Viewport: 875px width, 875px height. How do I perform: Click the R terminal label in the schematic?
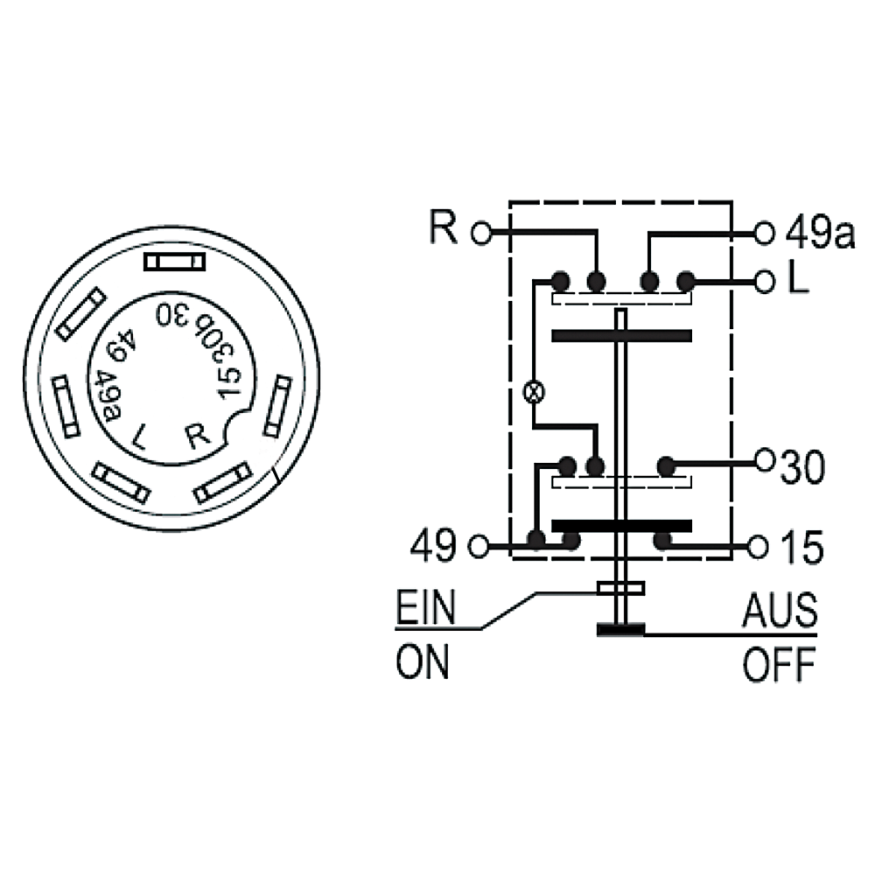point(444,227)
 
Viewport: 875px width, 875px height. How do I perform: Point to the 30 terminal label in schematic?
point(801,466)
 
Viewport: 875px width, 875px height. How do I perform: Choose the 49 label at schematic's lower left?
point(433,546)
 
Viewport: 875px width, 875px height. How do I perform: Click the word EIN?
point(426,607)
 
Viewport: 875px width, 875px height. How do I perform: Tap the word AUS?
point(780,610)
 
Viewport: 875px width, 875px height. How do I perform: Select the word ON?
point(423,662)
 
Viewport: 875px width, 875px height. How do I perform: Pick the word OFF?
point(779,664)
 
